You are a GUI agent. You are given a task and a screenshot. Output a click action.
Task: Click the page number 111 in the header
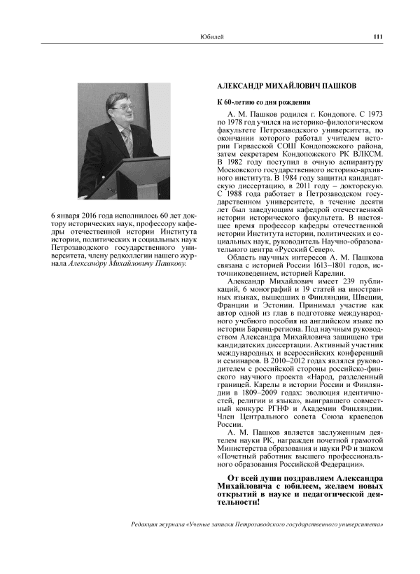coord(377,37)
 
